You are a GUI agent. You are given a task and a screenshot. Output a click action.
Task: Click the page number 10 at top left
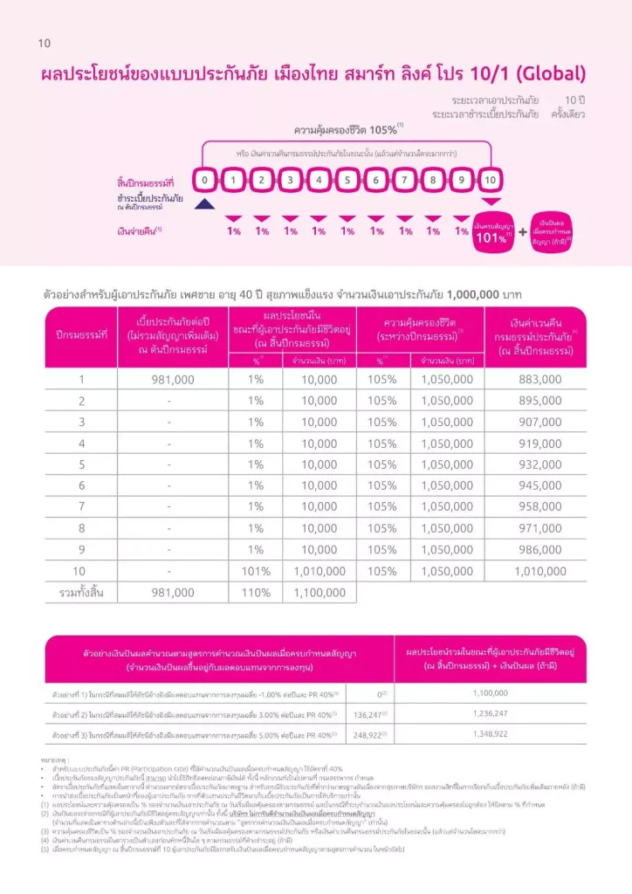(x=45, y=43)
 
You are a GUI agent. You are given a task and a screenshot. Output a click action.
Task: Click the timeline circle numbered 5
(x=347, y=180)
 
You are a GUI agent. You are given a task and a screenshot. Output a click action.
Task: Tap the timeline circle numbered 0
(x=203, y=180)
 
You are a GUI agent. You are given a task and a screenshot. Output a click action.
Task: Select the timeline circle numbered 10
(x=490, y=180)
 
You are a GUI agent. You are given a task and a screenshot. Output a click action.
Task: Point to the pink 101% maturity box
(x=493, y=232)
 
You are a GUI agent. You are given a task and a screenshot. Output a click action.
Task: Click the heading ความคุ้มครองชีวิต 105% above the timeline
(x=347, y=128)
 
